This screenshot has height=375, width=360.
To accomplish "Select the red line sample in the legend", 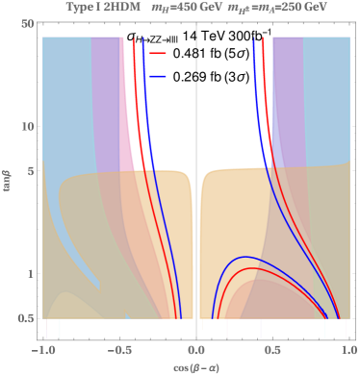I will pyautogui.click(x=159, y=53).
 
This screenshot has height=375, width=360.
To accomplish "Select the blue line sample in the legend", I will pyautogui.click(x=159, y=75).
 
